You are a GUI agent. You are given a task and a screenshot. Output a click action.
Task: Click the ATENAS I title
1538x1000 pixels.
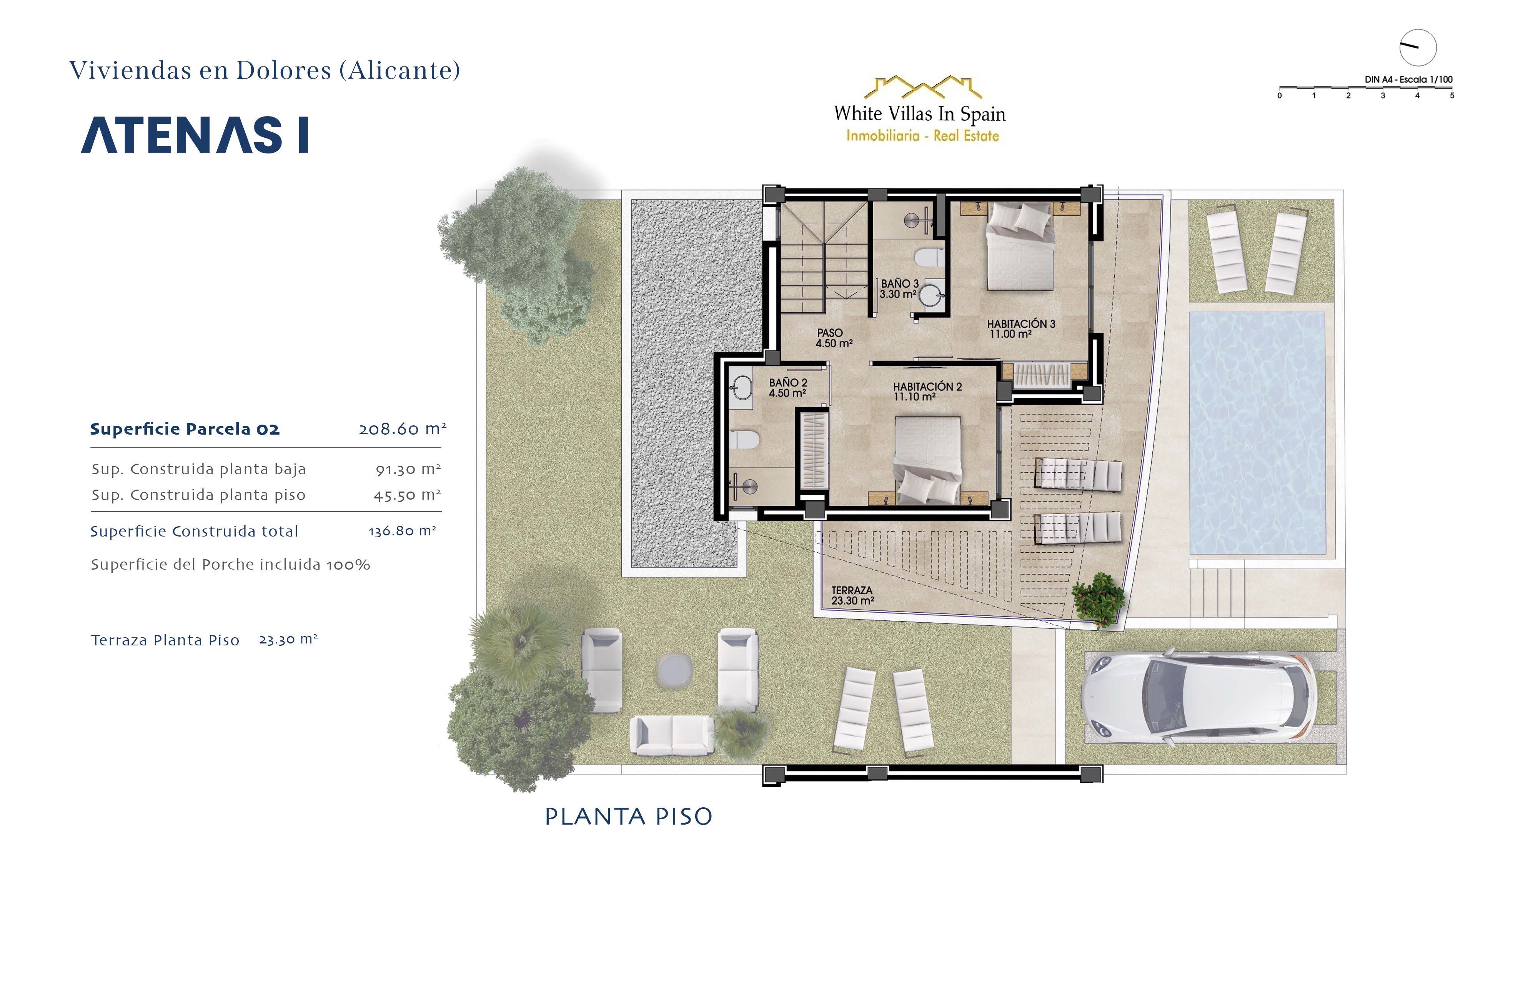195,135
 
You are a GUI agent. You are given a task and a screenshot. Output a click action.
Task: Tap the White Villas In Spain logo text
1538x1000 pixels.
920,114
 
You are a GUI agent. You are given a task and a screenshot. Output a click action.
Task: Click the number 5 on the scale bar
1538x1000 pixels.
1452,96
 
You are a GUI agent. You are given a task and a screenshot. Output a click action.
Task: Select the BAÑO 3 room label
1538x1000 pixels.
899,289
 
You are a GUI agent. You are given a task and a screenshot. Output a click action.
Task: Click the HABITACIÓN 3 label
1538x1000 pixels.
1020,328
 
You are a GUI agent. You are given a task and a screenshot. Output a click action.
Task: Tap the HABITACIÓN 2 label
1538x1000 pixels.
927,391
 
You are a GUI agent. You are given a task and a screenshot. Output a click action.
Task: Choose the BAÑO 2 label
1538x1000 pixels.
788,388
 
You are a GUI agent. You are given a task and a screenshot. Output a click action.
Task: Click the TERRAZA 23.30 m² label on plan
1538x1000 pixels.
852,595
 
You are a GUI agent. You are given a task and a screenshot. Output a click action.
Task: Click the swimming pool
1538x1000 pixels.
1257,433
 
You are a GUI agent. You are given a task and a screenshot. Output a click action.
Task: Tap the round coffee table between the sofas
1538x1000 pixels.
675,669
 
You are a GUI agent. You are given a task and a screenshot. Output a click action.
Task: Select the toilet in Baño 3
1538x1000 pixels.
929,257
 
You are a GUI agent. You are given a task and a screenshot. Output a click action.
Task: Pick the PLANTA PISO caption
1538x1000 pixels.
629,817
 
